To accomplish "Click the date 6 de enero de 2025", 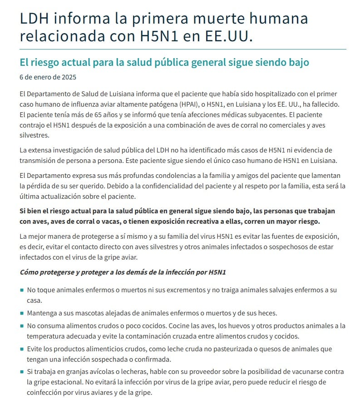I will click(x=48, y=77).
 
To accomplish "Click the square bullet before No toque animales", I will click(x=22, y=290).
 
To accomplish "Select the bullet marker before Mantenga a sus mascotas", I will click(x=22, y=313).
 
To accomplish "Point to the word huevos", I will click(x=233, y=326).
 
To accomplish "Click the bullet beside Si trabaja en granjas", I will click(x=22, y=372).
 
